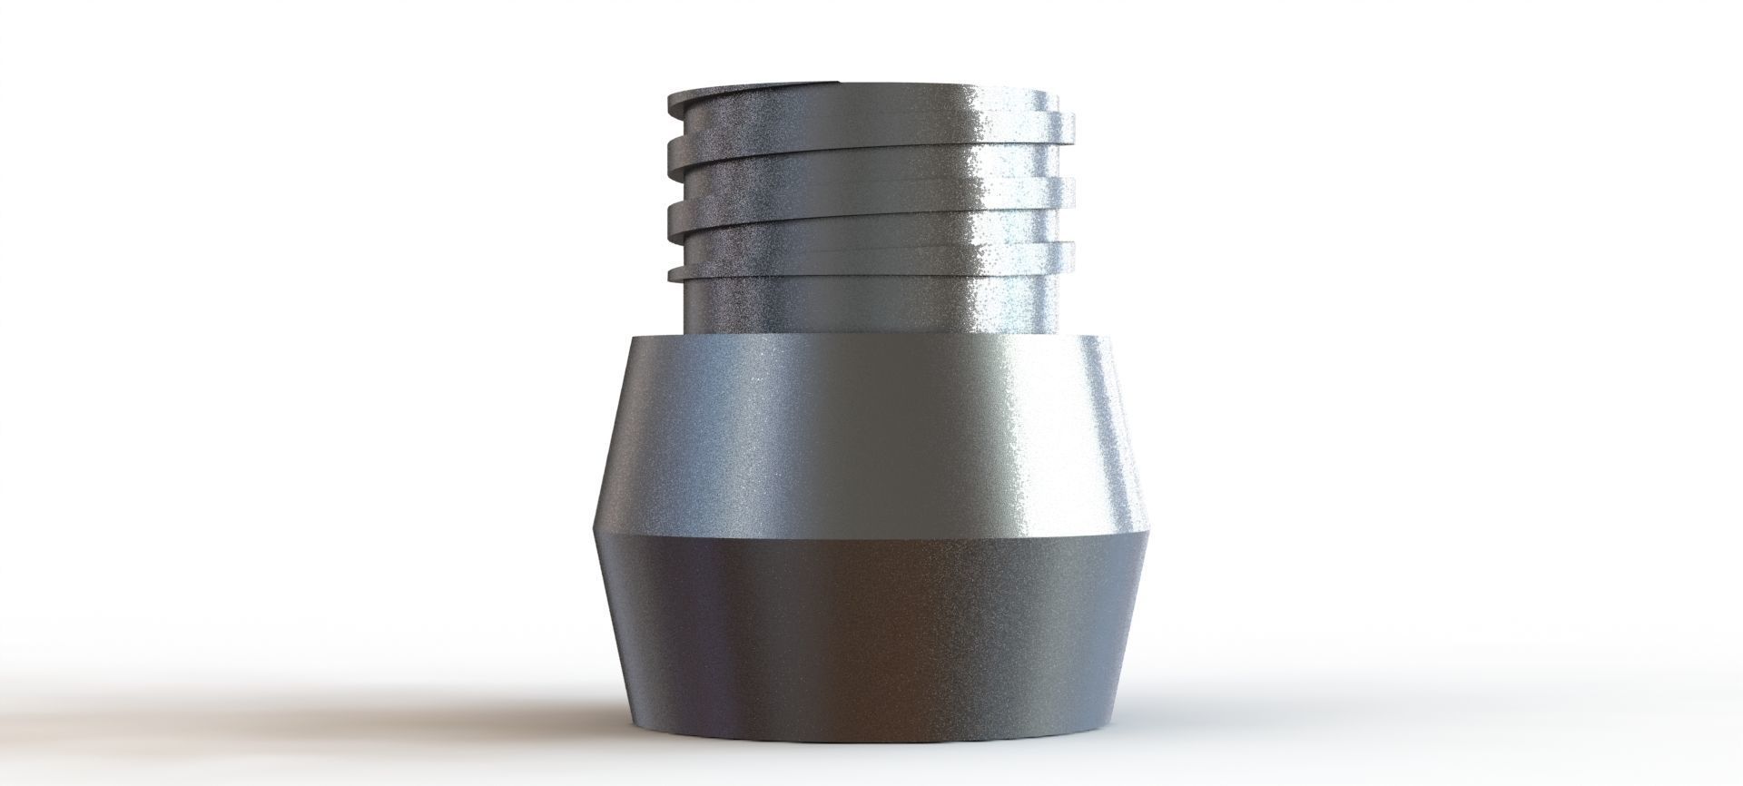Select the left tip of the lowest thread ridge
click(670, 273)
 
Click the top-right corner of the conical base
click(1109, 337)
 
